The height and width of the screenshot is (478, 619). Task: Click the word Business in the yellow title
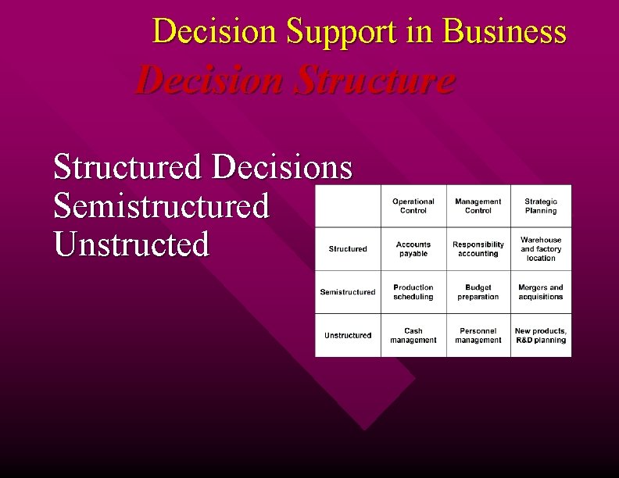click(x=504, y=32)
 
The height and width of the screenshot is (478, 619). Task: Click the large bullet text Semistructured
click(x=161, y=206)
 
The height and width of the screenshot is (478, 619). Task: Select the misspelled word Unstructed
click(x=131, y=244)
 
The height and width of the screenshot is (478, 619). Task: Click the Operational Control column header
click(x=413, y=206)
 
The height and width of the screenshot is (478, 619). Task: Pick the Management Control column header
click(x=478, y=206)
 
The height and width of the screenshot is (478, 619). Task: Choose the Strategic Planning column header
click(x=541, y=206)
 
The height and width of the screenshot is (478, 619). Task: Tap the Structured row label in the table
click(x=348, y=249)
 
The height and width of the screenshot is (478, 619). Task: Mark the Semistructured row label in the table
click(x=348, y=292)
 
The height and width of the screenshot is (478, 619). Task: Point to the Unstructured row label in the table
click(x=348, y=335)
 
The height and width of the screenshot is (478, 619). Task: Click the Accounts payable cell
click(x=413, y=249)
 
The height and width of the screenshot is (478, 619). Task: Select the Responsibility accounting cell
click(x=478, y=249)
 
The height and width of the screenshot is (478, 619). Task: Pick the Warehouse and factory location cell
click(x=541, y=249)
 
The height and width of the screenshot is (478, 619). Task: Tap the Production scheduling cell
click(x=413, y=292)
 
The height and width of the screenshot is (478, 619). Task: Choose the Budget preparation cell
click(x=478, y=292)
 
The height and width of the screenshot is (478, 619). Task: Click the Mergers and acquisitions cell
click(x=541, y=292)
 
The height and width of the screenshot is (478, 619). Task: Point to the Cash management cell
click(x=413, y=335)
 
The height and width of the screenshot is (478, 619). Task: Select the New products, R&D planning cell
click(x=541, y=335)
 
